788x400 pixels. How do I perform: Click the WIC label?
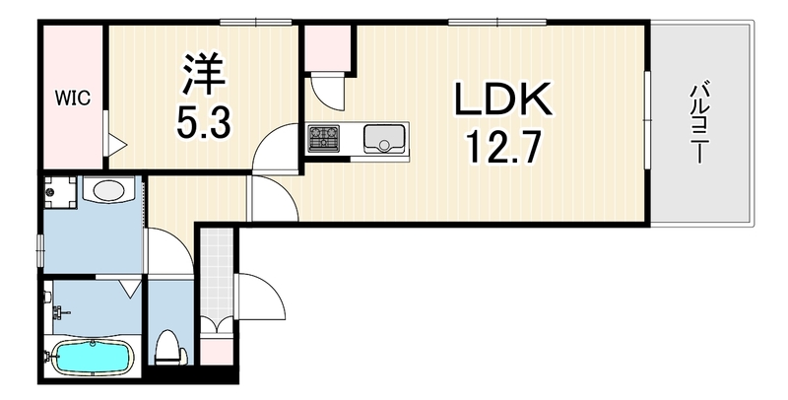73,98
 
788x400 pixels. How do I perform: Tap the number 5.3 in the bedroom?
204,124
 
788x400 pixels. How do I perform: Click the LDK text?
503,99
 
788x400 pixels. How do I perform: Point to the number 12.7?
504,147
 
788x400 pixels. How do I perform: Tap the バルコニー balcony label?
697,123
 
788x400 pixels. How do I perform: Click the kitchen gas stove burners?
324,138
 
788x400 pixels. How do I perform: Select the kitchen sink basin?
384,139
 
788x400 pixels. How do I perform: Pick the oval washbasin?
108,190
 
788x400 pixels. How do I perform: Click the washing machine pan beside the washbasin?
60,192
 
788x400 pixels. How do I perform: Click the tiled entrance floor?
217,277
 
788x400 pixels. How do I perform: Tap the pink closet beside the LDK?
328,48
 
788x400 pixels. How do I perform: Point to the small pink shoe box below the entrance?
217,351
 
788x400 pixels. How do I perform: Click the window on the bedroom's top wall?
256,22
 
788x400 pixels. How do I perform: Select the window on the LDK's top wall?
497,22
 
